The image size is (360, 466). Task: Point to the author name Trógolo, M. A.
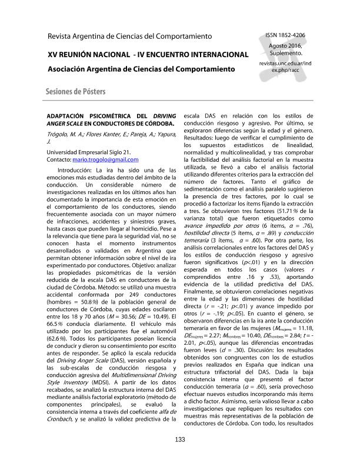(x=67, y=134)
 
